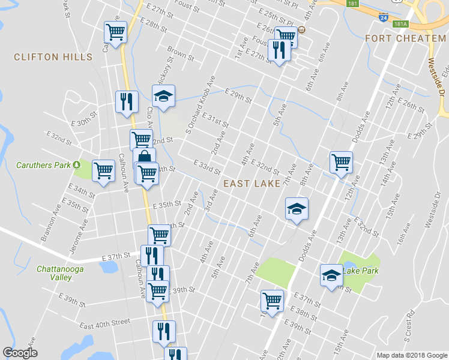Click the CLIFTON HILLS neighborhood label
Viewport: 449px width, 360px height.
pos(53,57)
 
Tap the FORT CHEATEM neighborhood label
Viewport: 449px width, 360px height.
pos(405,38)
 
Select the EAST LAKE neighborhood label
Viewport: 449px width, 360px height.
pos(252,184)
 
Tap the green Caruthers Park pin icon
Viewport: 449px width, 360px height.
pos(77,164)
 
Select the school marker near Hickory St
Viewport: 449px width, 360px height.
pos(163,97)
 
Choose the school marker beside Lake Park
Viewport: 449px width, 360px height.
pos(331,275)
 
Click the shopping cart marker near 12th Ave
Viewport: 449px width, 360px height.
pos(341,161)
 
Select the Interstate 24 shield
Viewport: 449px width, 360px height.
pos(383,18)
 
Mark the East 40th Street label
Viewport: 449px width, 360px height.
pos(105,323)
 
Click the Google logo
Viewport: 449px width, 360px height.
pos(20,353)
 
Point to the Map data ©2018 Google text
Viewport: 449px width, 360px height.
pos(411,355)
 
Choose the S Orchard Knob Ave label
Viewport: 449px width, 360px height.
pos(200,105)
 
